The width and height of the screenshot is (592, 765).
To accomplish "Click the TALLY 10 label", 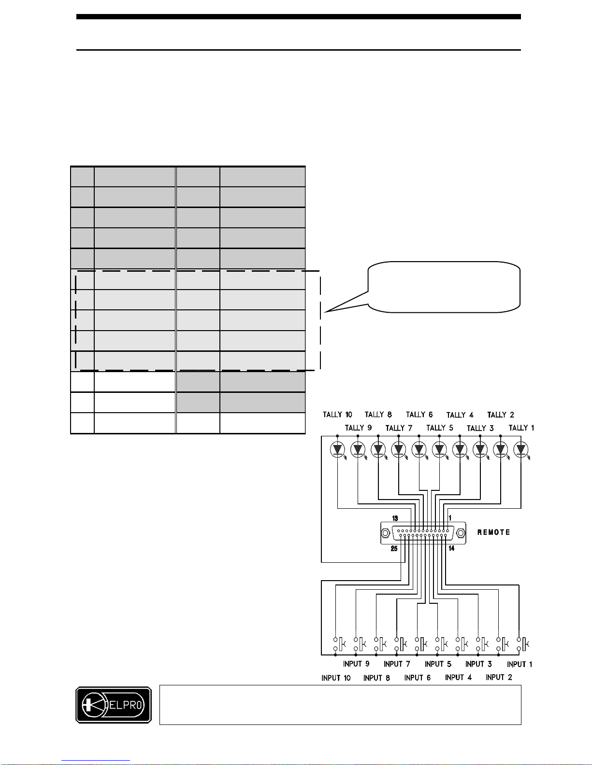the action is (337, 415).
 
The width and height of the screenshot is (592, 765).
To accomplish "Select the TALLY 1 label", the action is (521, 428).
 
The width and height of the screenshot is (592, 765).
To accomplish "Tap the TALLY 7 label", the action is (399, 428).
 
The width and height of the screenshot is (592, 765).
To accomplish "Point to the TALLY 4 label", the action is (460, 415).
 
